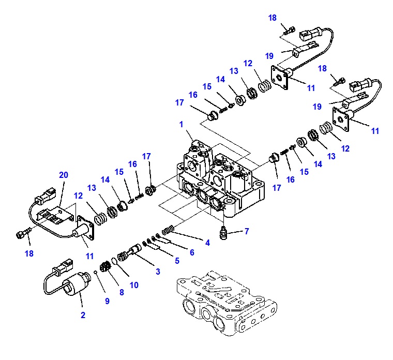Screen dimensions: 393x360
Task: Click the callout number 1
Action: tap(181, 124)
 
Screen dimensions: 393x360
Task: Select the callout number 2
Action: tap(83, 315)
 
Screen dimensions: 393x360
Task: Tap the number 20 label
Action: tap(64, 175)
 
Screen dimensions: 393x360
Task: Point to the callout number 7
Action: tap(247, 231)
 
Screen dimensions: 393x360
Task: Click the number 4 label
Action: tap(207, 243)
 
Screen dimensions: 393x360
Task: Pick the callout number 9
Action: tap(107, 301)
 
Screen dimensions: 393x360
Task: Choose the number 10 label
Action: tap(134, 285)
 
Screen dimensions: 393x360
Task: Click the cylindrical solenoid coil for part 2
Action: tap(75, 283)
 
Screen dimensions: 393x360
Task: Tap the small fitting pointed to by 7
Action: tap(223, 233)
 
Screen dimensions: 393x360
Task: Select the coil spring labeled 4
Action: tap(168, 230)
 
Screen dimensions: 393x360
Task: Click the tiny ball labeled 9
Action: tap(96, 272)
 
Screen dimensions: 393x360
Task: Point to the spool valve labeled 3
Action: tap(130, 252)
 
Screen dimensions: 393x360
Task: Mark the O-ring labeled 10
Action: tap(114, 261)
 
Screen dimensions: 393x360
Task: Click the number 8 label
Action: tap(122, 292)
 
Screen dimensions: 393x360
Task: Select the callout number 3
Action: tap(158, 272)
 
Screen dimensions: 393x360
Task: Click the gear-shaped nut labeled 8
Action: tap(105, 266)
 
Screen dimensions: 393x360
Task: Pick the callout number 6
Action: tap(192, 252)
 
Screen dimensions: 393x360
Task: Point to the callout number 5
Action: tap(177, 261)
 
